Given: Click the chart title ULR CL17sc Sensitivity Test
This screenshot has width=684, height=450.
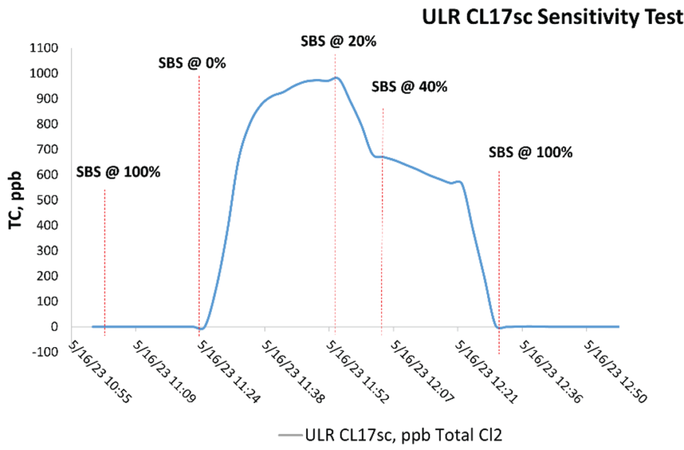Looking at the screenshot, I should pyautogui.click(x=551, y=17).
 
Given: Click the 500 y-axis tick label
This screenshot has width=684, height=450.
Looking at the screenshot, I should pyautogui.click(x=47, y=200).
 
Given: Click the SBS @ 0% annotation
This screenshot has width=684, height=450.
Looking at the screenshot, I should pyautogui.click(x=192, y=64).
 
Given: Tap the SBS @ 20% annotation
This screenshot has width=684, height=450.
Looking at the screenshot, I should pyautogui.click(x=337, y=41).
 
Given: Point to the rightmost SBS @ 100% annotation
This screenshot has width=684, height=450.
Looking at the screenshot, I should pyautogui.click(x=531, y=152).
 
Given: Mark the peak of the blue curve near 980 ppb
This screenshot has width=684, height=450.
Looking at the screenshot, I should pyautogui.click(x=337, y=78).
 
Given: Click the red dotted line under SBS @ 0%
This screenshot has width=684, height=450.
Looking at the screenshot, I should pyautogui.click(x=199, y=201).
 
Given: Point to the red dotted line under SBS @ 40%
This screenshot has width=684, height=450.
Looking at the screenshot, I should pyautogui.click(x=383, y=221).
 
